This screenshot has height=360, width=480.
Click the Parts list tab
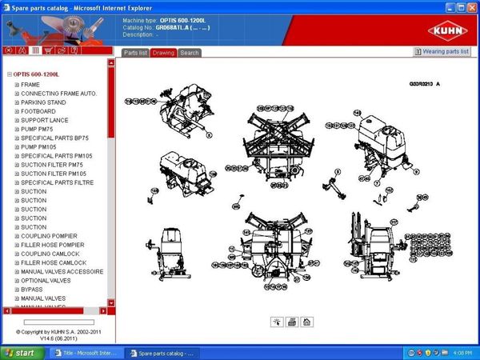click(x=134, y=53)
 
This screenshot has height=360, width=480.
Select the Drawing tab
click(x=163, y=53)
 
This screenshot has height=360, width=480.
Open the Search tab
click(x=190, y=53)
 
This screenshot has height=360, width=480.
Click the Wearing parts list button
click(x=442, y=52)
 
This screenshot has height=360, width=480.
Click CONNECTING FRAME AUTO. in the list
click(x=58, y=94)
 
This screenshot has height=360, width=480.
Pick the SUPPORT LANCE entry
click(x=45, y=120)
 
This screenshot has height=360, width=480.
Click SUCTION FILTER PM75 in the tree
click(x=52, y=165)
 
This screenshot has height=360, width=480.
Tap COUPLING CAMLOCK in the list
click(x=50, y=254)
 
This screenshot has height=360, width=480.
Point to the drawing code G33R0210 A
click(x=425, y=83)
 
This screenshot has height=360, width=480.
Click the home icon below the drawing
click(x=306, y=322)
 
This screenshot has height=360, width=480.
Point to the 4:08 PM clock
click(x=462, y=352)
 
